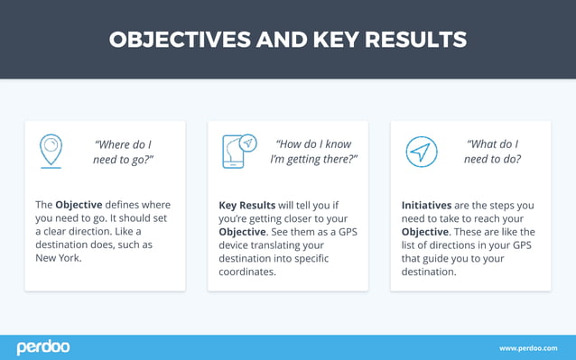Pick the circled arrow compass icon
(x=421, y=152)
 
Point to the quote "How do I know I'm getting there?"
(x=313, y=152)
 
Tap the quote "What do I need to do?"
(x=493, y=152)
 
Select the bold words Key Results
(x=247, y=206)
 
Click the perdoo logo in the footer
(x=42, y=347)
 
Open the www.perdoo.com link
(x=528, y=348)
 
